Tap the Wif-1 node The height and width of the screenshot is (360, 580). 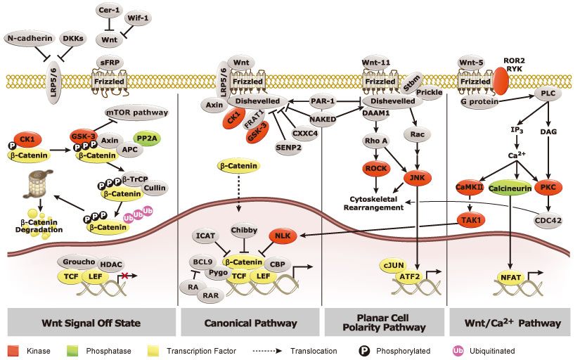pyautogui.click(x=136, y=17)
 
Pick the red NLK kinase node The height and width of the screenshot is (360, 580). pyautogui.click(x=281, y=236)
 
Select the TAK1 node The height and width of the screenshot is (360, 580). pyautogui.click(x=465, y=219)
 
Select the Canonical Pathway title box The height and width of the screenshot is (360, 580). pyautogui.click(x=249, y=323)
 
